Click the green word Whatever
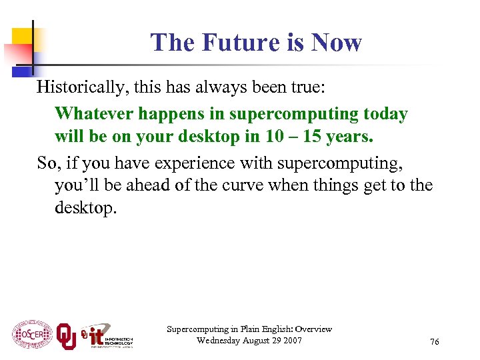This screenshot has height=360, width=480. pos(93,113)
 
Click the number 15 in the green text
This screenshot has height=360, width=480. pos(315,137)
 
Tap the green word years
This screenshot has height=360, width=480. pos(352,137)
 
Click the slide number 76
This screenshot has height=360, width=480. pos(435,342)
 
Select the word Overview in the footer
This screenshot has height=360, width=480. pos(313,329)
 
